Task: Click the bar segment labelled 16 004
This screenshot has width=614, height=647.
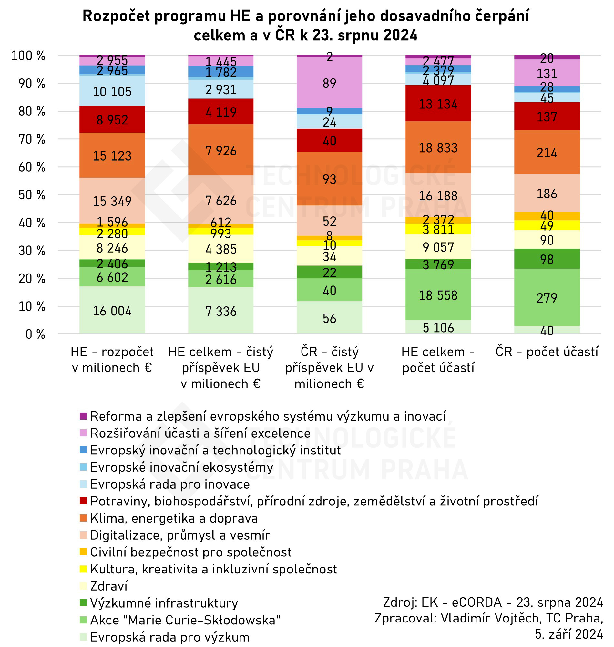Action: click(112, 310)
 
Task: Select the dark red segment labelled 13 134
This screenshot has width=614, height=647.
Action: click(438, 103)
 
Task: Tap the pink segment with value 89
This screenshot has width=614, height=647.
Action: click(329, 83)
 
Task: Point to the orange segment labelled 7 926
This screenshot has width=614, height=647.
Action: click(220, 150)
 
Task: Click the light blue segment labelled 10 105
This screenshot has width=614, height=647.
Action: click(112, 91)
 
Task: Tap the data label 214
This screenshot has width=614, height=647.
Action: click(547, 153)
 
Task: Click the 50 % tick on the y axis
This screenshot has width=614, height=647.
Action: click(32, 195)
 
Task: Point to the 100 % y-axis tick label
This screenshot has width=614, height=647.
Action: click(28, 55)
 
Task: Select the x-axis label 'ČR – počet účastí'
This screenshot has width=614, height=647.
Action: click(547, 352)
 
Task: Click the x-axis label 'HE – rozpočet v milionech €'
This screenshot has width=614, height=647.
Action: click(112, 360)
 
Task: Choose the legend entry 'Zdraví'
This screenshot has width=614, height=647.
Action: click(109, 586)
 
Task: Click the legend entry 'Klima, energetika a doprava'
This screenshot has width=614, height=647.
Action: click(174, 518)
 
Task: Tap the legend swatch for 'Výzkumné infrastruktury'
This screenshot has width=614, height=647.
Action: click(84, 603)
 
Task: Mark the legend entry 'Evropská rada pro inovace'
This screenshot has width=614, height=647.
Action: click(170, 484)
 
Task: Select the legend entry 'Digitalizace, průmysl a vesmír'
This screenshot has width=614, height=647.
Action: click(180, 535)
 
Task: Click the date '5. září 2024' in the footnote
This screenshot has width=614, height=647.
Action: click(568, 634)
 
